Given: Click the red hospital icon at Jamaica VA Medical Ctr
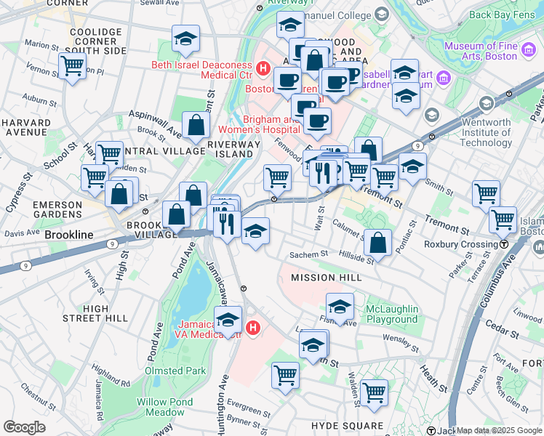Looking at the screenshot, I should coord(252,328).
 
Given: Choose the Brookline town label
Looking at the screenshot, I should coord(69,235).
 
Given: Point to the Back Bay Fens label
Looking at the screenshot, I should coord(502,14).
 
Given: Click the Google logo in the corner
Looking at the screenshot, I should coord(24,427).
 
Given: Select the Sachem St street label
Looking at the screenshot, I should coord(309,255).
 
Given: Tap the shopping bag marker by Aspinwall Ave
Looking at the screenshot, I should coord(196,125).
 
